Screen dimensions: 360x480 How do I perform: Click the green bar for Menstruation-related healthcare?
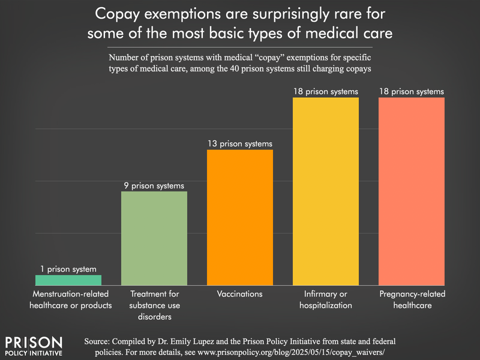(x=68, y=280)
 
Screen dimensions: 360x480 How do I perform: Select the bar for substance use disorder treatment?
(x=154, y=238)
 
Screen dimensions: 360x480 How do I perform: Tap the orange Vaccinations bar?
(x=240, y=217)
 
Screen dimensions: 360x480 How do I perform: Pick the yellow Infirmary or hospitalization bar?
(x=326, y=191)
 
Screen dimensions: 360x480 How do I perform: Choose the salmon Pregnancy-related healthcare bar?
(x=412, y=191)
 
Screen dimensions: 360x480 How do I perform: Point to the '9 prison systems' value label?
(x=154, y=185)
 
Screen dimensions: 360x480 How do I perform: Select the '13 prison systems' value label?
(x=240, y=144)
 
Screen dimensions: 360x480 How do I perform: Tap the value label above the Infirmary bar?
(x=326, y=92)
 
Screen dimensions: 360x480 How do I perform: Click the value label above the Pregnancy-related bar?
(x=412, y=92)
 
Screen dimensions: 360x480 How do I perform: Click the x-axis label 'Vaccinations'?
(x=240, y=294)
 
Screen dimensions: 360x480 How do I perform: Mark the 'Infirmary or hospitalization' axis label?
(x=326, y=299)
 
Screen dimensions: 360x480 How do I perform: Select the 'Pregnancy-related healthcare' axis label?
(x=412, y=299)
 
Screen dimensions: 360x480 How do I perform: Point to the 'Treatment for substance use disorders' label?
(x=154, y=305)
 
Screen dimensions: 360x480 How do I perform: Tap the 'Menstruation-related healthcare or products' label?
(x=68, y=299)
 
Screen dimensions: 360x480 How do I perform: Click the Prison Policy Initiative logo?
(x=34, y=346)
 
